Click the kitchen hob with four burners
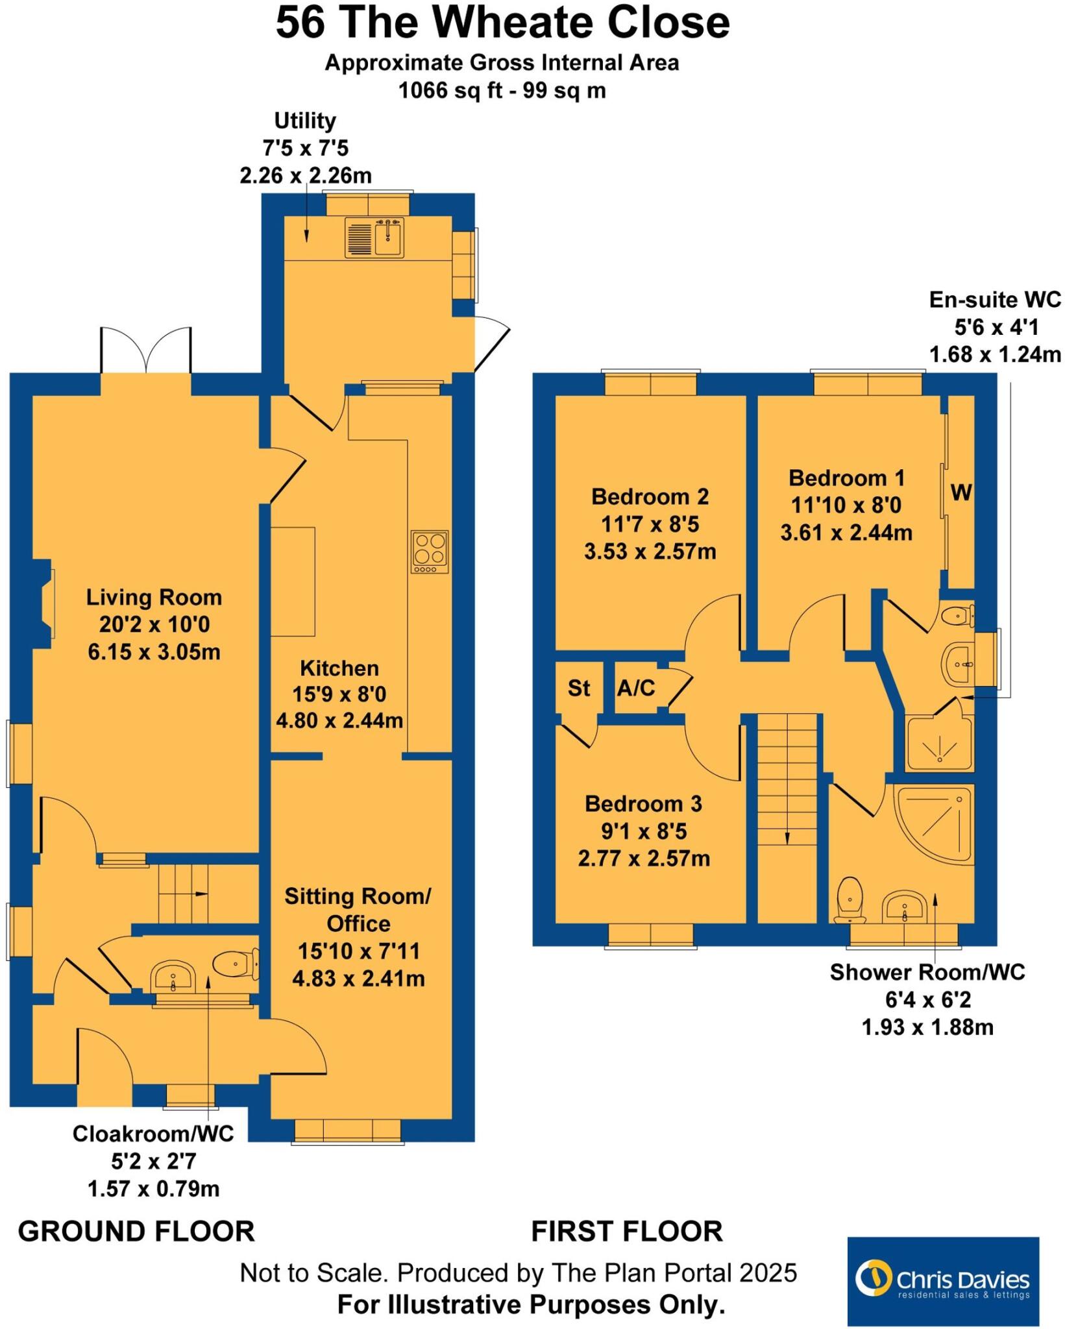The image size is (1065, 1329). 430,551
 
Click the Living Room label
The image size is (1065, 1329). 154,597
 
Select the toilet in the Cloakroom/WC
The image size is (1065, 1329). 237,964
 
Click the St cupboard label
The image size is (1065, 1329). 578,688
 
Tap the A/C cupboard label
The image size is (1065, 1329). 636,688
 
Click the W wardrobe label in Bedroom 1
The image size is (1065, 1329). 961,493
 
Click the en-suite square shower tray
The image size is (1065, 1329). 939,743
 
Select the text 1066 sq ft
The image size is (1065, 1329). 441,90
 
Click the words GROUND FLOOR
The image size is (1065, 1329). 136,1231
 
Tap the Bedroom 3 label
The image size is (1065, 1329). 643,803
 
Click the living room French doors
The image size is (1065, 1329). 146,350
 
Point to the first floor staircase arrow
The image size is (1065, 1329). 787,837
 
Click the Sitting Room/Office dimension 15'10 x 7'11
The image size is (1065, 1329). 358,951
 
